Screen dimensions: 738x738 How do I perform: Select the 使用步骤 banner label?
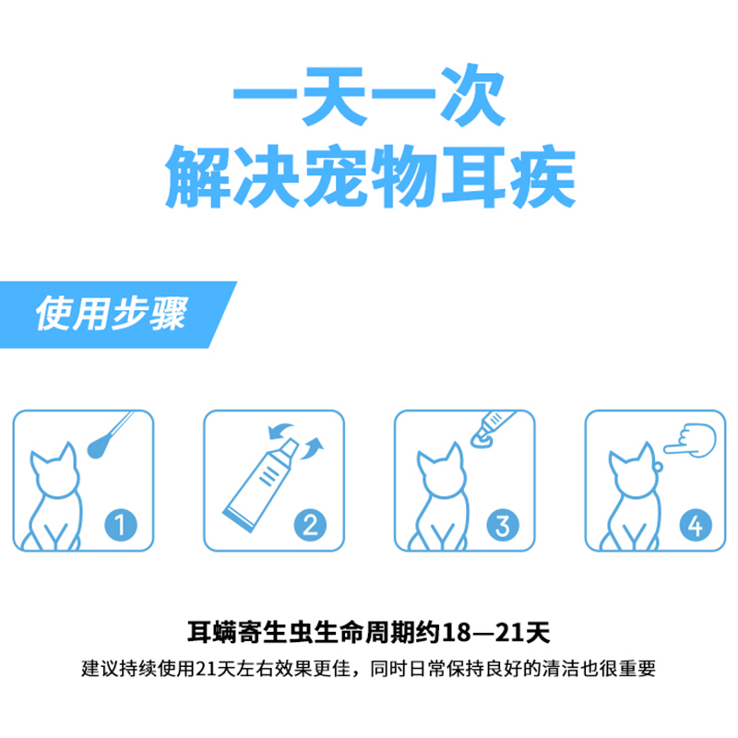111,314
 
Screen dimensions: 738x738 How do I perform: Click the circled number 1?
122,526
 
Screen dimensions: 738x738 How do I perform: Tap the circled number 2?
311,526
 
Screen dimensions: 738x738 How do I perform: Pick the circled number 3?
502,526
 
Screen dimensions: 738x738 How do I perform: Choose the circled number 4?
693,526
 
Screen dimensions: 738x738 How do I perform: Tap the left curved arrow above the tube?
278,432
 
